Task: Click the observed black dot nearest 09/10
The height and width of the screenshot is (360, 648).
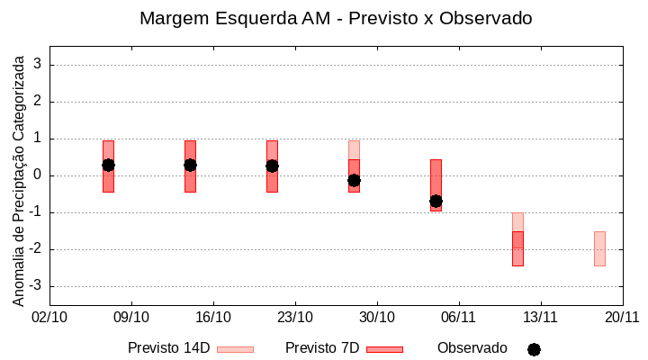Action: [x=108, y=165]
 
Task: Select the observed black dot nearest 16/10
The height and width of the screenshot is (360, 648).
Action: [x=190, y=165]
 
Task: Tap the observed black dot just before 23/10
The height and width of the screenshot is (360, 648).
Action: [x=272, y=166]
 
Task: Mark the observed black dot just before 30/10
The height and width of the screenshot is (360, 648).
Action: [x=354, y=180]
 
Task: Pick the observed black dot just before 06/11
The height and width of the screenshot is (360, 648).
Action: [x=436, y=201]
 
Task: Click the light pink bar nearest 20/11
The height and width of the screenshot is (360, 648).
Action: [x=599, y=248]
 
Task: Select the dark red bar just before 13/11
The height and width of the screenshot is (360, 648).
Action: [x=517, y=248]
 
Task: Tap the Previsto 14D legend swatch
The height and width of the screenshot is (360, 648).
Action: [x=236, y=349]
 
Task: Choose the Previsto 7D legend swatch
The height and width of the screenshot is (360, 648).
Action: [x=384, y=349]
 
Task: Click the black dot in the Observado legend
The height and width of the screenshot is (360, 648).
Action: [x=534, y=349]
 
